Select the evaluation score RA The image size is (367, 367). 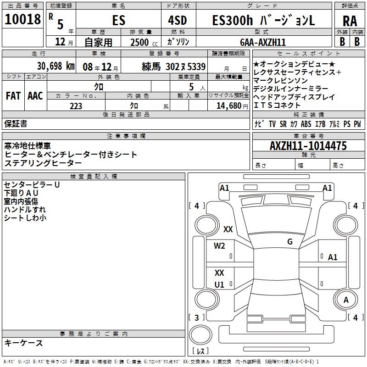pos(350,21)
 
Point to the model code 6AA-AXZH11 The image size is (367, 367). pos(263,42)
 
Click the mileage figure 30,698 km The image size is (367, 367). pos(44,66)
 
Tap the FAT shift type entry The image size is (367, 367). pos(13,95)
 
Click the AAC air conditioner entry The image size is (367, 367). pos(35,95)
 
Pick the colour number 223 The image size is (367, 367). pos(76,106)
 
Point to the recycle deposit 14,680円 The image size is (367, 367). pos(229,106)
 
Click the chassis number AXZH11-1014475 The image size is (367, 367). pos(308,146)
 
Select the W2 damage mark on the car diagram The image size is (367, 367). pos(219,245)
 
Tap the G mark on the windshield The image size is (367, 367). pos(290,242)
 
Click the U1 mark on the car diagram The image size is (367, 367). pos(219,285)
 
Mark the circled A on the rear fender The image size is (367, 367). pos(346,300)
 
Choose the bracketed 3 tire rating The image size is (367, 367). pos(196,317)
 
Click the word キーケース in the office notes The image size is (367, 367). pos(24,343)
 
